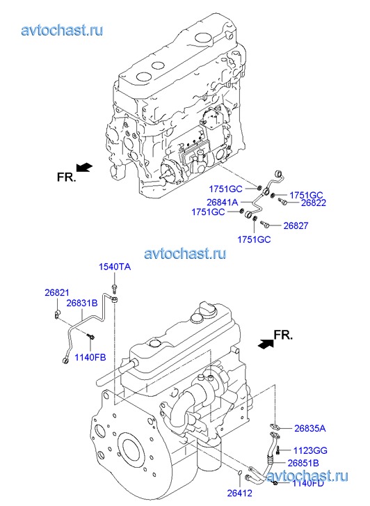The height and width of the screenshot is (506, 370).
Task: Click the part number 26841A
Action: click(x=223, y=203)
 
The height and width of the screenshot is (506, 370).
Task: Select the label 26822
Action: click(x=313, y=203)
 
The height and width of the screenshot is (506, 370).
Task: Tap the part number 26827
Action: click(x=296, y=226)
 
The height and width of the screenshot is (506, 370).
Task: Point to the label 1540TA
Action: click(x=115, y=267)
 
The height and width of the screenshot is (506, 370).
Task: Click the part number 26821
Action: click(x=57, y=293)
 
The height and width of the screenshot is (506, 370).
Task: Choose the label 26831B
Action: click(x=82, y=303)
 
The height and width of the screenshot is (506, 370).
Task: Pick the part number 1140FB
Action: click(x=90, y=357)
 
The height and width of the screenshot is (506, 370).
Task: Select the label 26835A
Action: click(x=310, y=428)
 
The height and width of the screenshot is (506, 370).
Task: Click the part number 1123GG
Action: click(x=310, y=450)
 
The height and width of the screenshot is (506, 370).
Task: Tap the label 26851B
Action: click(x=303, y=463)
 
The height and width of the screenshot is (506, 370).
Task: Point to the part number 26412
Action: click(x=240, y=493)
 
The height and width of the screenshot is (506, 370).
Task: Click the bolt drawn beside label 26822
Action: click(x=282, y=201)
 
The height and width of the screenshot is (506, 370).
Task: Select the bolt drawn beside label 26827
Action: click(x=265, y=224)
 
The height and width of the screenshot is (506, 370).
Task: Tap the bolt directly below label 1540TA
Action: click(x=114, y=288)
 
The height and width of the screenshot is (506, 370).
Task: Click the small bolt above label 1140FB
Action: click(x=90, y=336)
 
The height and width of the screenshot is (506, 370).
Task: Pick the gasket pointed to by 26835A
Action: click(x=274, y=427)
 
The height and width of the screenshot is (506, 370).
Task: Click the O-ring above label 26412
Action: click(x=240, y=473)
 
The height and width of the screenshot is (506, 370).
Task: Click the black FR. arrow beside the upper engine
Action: click(x=84, y=168)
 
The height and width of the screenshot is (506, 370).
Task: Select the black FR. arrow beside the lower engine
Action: click(x=266, y=344)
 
